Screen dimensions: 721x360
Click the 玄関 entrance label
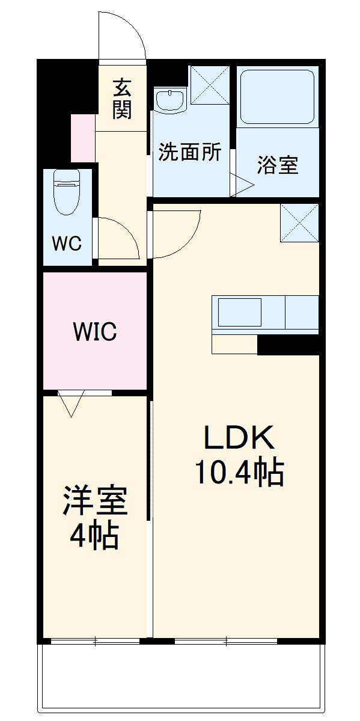tap(121, 99)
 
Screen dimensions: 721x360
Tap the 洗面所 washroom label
tap(189, 153)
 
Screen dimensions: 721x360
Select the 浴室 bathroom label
tap(278, 165)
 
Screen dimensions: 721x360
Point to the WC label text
tap(66, 244)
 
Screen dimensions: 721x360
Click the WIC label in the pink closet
tap(94, 331)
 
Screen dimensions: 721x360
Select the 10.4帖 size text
tap(239, 474)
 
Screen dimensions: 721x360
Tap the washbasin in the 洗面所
tap(170, 100)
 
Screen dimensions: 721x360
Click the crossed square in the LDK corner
tap(299, 222)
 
